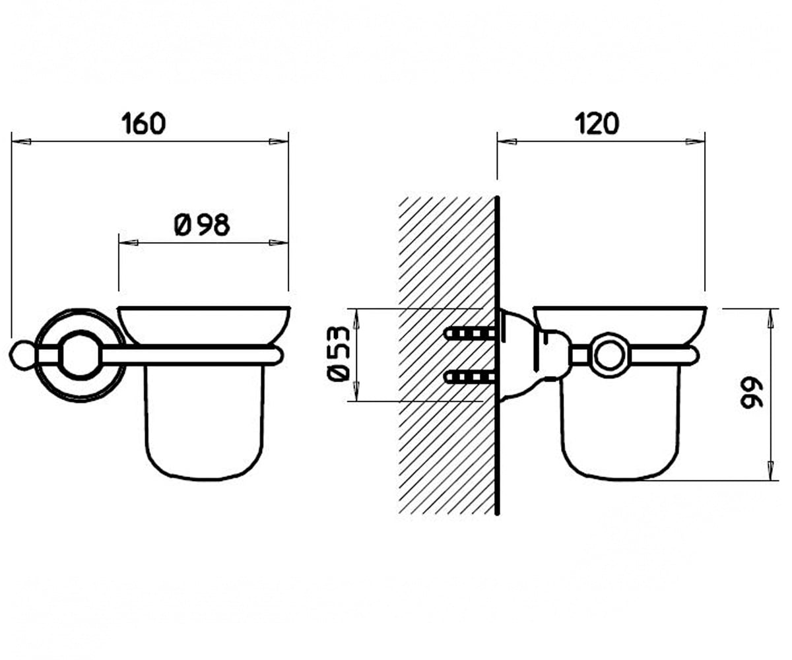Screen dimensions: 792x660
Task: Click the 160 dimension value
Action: pos(144,123)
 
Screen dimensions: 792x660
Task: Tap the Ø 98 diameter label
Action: pos(202,224)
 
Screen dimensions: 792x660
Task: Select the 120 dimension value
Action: pos(597,123)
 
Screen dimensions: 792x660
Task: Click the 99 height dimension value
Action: pos(751,395)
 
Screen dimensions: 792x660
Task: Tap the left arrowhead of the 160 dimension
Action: pos(21,141)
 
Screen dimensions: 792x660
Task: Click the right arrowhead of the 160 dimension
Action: pos(279,141)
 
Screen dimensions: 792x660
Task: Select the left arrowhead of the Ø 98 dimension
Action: pos(129,243)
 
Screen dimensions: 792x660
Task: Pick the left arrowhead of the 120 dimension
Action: pos(507,141)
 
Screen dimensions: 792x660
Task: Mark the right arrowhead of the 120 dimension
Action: pos(695,141)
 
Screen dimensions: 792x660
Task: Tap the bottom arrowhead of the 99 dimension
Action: pos(770,471)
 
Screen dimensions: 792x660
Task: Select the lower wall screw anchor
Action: pos(469,377)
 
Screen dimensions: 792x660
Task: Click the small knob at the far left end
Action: pos(22,356)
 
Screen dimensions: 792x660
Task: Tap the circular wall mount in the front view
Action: pos(80,355)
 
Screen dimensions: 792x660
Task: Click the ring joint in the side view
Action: pos(610,356)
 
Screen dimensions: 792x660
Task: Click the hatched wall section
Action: pos(447,356)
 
